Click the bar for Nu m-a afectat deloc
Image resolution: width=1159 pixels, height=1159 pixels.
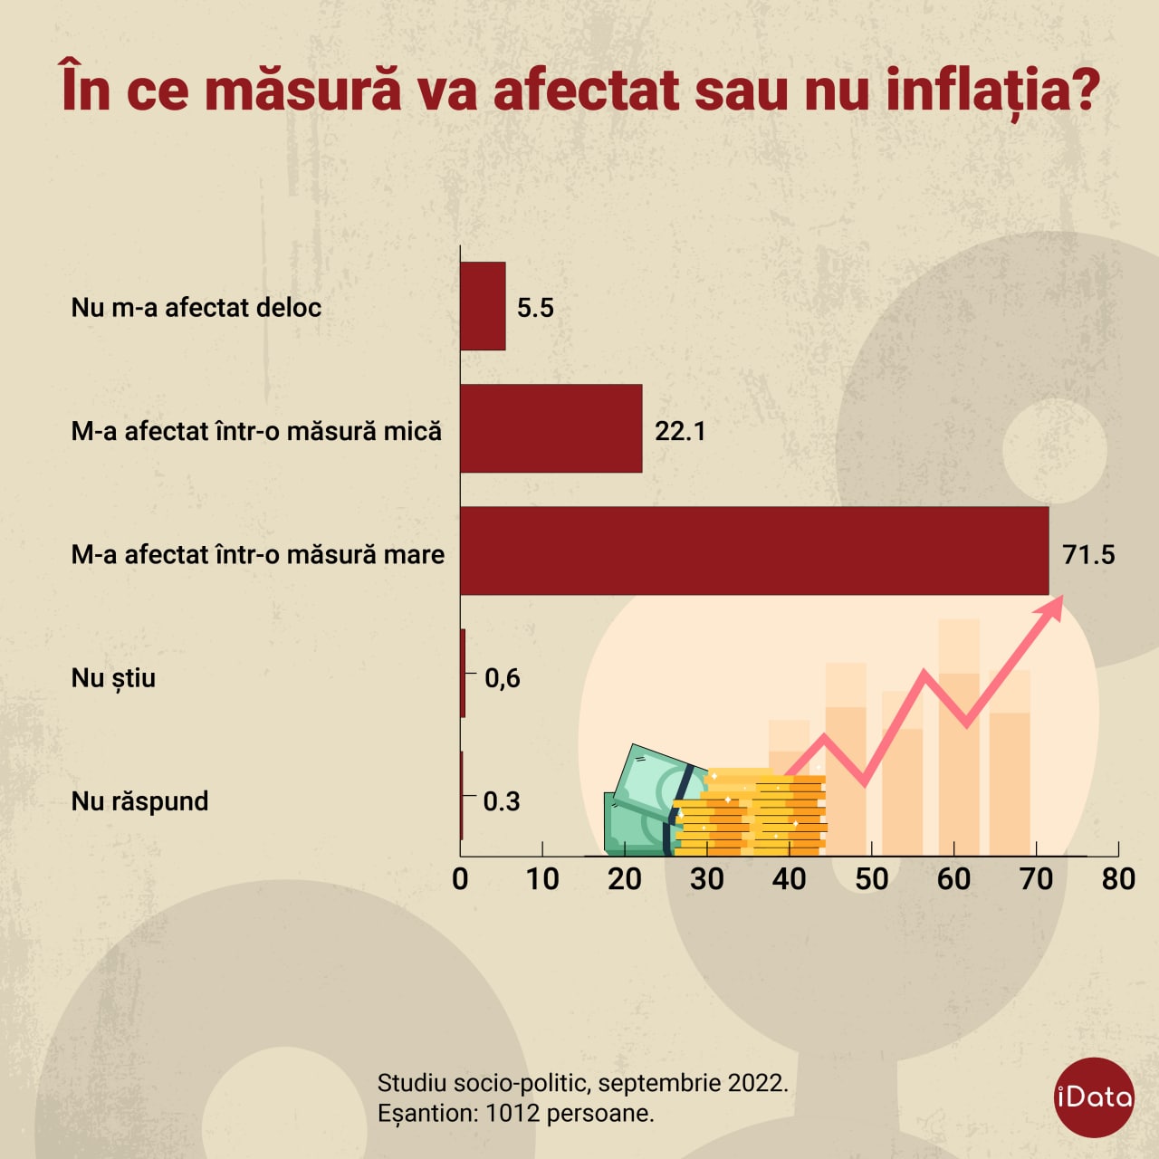coord(483,306)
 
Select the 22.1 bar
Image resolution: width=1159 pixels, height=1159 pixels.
coord(551,428)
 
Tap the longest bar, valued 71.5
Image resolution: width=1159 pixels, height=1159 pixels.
coord(753,551)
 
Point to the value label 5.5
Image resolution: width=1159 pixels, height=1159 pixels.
coord(535,308)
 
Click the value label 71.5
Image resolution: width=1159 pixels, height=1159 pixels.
coord(1088,554)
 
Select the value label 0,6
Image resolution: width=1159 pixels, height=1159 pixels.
coord(503,677)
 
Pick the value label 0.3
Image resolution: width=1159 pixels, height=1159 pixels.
coord(502,800)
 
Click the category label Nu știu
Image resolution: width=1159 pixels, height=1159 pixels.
coord(113,678)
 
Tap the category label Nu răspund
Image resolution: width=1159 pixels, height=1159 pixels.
coord(139,801)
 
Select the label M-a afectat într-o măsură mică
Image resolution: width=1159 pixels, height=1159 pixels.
coord(256,431)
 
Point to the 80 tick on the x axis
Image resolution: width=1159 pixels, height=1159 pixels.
coord(1118,878)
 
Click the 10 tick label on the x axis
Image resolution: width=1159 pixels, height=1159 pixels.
coord(542,878)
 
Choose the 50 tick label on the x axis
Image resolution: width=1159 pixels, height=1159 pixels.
coord(871,878)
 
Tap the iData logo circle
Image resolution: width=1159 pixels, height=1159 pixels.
coord(1094,1097)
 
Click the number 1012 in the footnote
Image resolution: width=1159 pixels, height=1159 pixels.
coord(512,1113)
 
